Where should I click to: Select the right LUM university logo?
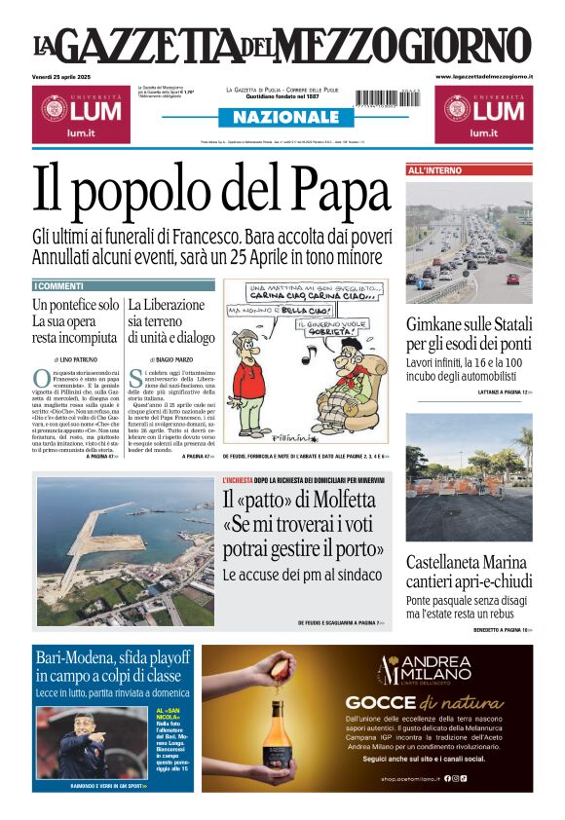(483, 113)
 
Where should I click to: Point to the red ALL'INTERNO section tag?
(435, 170)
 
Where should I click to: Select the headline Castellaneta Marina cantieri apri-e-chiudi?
(469, 572)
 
